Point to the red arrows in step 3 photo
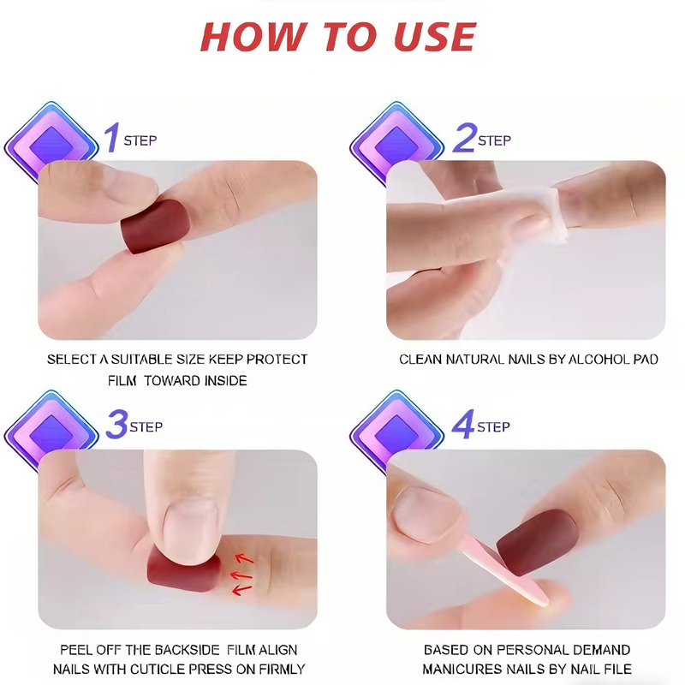(244, 573)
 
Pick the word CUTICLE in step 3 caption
(182, 669)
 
